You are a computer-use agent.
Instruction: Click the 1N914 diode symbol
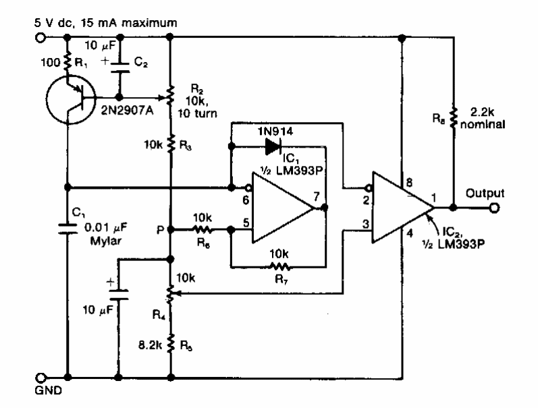(x=273, y=144)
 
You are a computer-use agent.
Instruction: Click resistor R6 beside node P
(x=202, y=229)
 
